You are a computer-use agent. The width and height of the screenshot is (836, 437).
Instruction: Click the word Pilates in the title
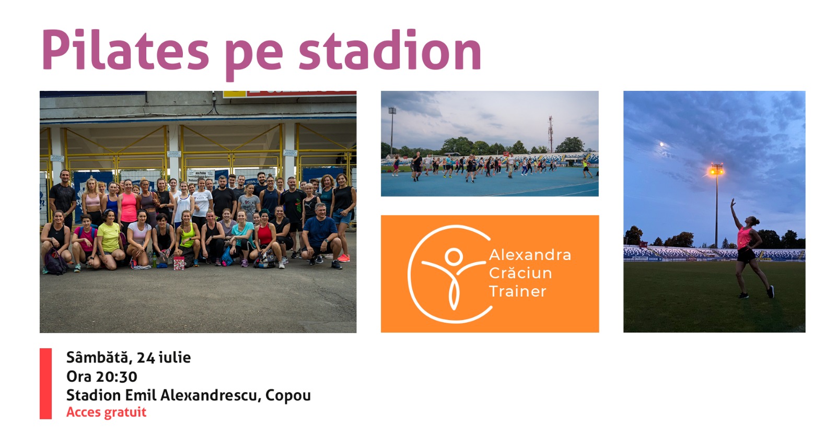(125, 50)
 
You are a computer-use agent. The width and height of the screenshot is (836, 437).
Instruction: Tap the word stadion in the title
(390, 50)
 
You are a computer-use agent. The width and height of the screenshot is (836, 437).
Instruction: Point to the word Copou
(288, 395)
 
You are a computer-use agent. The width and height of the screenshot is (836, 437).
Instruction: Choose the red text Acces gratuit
(107, 412)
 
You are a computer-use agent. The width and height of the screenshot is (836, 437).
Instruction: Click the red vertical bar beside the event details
(45, 384)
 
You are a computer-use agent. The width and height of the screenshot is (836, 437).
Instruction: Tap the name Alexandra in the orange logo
(530, 255)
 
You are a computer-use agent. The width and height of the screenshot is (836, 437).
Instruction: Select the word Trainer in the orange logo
(518, 291)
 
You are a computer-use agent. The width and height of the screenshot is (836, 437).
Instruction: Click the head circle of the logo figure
(454, 256)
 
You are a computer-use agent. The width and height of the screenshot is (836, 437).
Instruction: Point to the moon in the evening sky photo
(662, 144)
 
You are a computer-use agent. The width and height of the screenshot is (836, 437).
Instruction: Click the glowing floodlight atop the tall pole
(716, 170)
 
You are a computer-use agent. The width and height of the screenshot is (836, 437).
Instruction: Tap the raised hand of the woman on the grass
(733, 203)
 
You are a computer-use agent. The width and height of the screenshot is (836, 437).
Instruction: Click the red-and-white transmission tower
(550, 134)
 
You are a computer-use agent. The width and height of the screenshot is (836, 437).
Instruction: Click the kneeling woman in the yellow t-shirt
(110, 239)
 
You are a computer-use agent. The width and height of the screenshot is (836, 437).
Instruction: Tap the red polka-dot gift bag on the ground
(179, 263)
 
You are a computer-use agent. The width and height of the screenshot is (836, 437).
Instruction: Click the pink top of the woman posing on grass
(744, 238)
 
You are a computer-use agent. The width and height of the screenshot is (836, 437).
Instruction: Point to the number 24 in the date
(146, 358)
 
